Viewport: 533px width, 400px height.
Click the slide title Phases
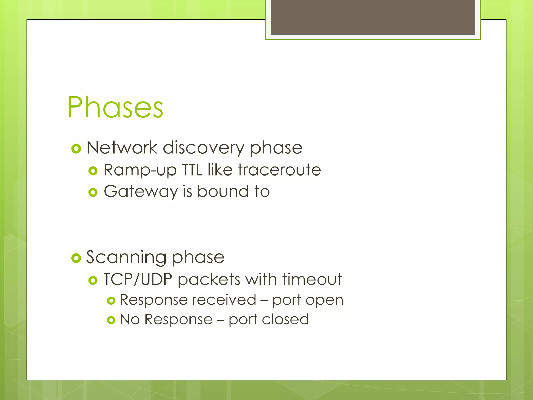click(x=115, y=107)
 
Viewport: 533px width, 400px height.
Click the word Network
click(x=122, y=148)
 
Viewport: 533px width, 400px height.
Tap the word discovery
click(x=203, y=148)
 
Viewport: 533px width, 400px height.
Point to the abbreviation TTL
click(x=192, y=170)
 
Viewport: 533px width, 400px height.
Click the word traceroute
click(x=279, y=170)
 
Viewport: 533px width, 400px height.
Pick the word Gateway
click(x=141, y=192)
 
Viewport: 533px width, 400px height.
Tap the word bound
click(x=223, y=191)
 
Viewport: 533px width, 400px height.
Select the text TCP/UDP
click(x=138, y=279)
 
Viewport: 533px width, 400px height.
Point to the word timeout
click(x=312, y=279)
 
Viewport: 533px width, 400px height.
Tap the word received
click(x=224, y=300)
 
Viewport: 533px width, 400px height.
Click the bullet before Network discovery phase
click(x=76, y=149)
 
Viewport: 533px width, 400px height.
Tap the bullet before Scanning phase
click(x=76, y=258)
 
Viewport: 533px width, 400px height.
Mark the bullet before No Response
click(x=111, y=320)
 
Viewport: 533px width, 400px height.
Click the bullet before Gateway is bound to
click(x=93, y=193)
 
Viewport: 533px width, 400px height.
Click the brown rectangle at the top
click(x=373, y=17)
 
